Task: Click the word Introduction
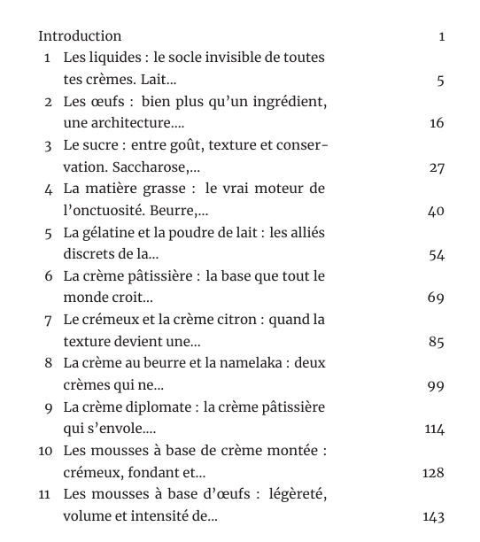coord(80,36)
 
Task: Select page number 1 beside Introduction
coord(441,36)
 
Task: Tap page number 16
coord(437,123)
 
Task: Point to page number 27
coord(437,167)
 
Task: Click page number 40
coord(436,211)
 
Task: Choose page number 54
coord(436,255)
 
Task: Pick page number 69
coord(436,298)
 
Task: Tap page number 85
coord(436,342)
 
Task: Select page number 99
coord(436,386)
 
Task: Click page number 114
coord(434,430)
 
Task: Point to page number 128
coord(433,473)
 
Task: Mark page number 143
coord(433,517)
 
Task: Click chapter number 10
coord(46,451)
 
